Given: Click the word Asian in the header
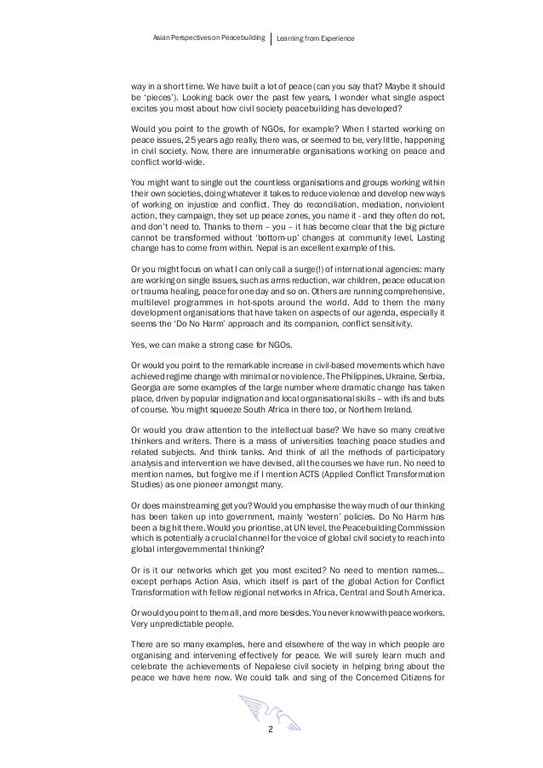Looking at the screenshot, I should click(x=159, y=39).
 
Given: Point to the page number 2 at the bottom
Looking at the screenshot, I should click(x=271, y=728).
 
